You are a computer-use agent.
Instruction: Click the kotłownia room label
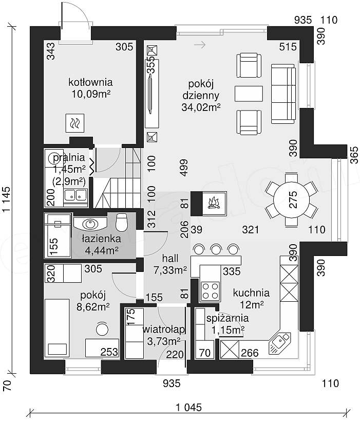pos(90,82)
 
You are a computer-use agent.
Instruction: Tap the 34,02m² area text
pos(201,107)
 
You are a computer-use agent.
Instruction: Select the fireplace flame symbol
pos(214,203)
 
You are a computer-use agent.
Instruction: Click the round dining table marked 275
pos(291,200)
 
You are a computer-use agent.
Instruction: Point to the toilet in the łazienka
pos(122,222)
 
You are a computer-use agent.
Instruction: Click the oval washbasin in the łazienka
pos(90,224)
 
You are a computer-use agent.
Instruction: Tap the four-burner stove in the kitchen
pos(210,291)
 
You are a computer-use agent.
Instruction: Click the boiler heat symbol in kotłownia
pos(75,123)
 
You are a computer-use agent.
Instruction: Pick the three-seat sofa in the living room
pos(283,94)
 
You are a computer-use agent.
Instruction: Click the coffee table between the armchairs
pos(249,94)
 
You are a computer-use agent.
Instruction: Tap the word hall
pos(170,258)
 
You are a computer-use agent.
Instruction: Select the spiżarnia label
pos(228,318)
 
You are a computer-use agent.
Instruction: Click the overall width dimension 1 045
pos(188,408)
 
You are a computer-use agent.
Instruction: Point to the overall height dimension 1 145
pos(7,199)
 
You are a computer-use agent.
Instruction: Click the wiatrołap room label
pos(164,330)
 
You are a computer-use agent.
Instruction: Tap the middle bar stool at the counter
pos(216,249)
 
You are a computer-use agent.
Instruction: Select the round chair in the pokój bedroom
pos(102,328)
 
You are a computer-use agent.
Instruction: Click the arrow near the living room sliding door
pos(200,45)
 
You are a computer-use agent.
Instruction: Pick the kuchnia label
pos(251,292)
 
